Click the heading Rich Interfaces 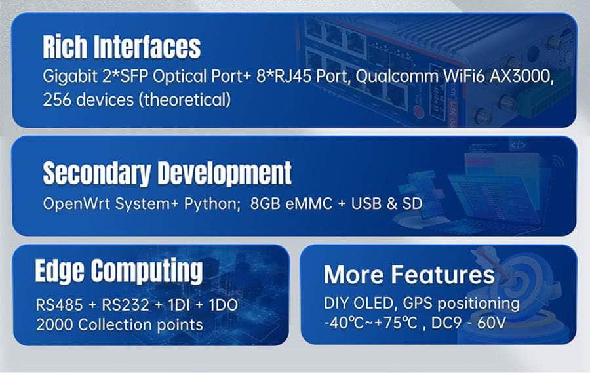click(121, 47)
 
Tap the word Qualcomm click(397, 77)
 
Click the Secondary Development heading click(167, 173)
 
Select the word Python click(212, 205)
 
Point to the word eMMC click(309, 204)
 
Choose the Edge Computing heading click(119, 271)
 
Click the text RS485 click(59, 305)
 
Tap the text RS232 click(126, 305)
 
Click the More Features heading click(409, 275)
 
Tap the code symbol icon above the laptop click(518, 145)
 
